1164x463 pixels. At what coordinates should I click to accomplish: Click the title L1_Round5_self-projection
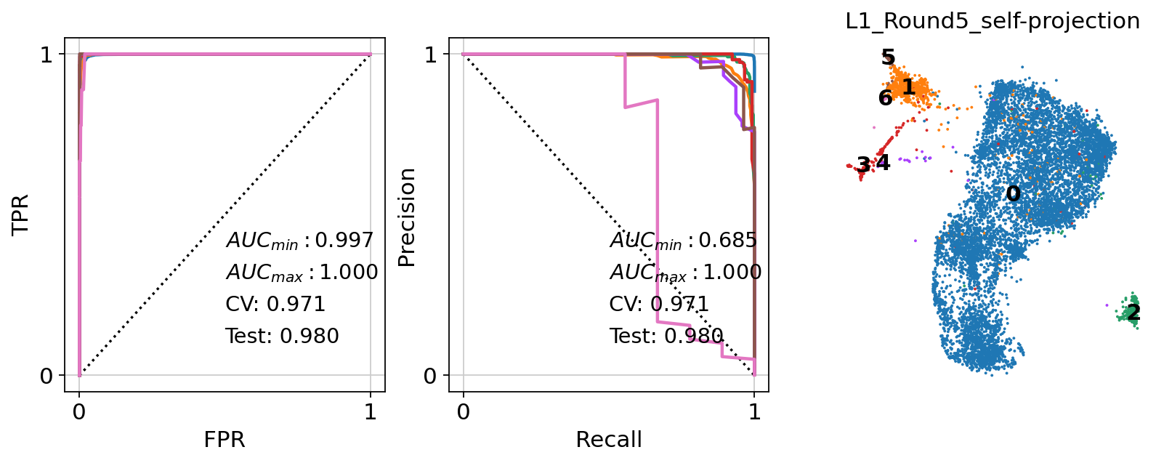coord(993,21)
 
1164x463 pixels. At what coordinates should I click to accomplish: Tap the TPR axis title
coord(20,214)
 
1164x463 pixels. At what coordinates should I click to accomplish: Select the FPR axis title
coord(225,440)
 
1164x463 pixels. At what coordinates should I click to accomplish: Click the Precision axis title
coord(408,217)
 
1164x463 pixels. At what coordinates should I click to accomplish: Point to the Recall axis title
coord(609,440)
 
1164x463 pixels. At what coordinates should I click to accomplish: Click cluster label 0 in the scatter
coord(1013,194)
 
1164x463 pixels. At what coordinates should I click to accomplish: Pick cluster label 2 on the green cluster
coord(1133,313)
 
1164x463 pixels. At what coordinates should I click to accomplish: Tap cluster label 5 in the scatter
coord(888,57)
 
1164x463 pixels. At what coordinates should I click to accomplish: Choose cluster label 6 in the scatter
coord(885,97)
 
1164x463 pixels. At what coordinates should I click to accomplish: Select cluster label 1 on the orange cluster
coord(908,87)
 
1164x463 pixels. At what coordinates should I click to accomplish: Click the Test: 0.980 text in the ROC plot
coord(282,336)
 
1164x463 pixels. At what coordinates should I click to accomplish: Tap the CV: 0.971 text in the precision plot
coord(659,304)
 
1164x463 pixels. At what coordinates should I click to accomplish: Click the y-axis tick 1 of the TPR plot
coord(47,55)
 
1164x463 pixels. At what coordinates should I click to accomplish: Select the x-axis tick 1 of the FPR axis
coord(371,412)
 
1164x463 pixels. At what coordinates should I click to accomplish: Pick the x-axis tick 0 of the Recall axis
coord(464,412)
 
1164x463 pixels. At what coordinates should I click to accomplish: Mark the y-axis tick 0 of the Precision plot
coord(431,376)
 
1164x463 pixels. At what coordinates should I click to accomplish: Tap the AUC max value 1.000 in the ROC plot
coord(344,272)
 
